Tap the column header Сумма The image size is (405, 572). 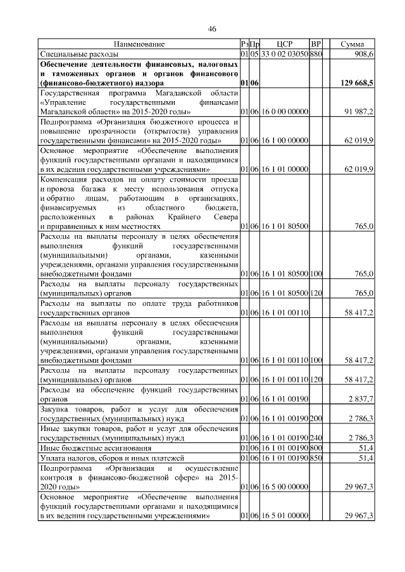pyautogui.click(x=352, y=44)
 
